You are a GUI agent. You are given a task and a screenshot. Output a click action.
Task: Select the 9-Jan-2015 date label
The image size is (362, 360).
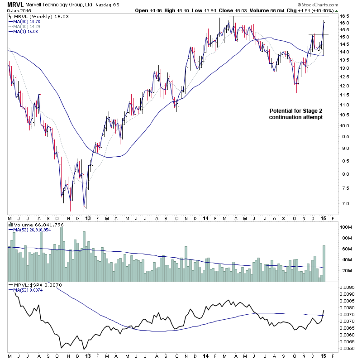tap(16, 10)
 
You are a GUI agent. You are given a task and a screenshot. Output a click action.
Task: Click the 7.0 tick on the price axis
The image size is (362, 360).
tap(345, 204)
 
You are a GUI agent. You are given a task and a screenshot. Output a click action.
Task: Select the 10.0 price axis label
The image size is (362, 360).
tap(345, 126)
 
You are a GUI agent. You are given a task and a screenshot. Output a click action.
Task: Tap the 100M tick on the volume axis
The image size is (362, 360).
tap(346, 227)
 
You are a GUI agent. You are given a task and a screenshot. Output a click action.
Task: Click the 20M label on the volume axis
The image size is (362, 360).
tap(346, 271)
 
